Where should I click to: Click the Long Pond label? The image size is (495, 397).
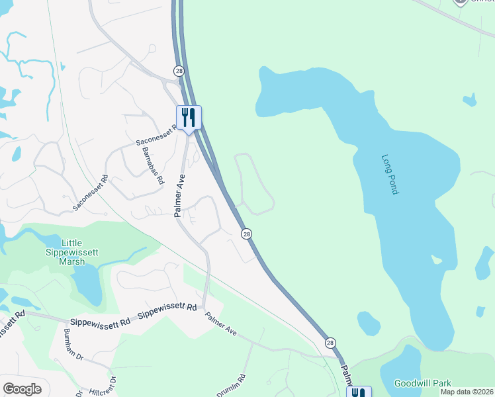pos(390,174)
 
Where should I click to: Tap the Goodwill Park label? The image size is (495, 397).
pos(422,383)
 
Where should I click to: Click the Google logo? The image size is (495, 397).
pos(22,389)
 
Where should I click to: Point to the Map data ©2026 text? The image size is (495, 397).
pos(467,392)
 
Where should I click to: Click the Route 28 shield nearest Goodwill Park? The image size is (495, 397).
pos(330,342)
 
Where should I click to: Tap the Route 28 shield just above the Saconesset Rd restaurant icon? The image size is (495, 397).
pos(179,71)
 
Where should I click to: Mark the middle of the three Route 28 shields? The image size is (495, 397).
pos(246,234)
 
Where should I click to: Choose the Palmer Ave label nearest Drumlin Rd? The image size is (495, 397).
pos(220,324)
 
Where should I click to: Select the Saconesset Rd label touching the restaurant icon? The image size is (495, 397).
pos(156,136)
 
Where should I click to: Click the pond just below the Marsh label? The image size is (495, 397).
pos(86,285)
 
